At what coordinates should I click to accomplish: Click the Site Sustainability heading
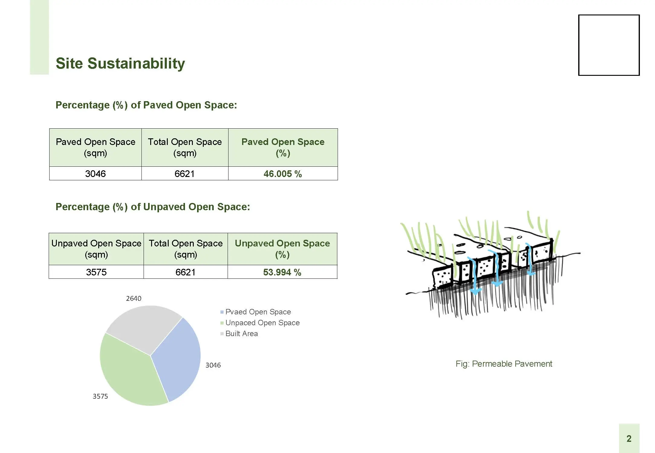120,64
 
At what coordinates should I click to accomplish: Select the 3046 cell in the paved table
96,174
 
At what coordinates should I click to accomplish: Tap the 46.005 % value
283,174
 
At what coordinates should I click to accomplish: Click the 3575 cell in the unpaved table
96,272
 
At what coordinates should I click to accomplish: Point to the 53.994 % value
282,272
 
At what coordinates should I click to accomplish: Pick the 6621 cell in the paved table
185,174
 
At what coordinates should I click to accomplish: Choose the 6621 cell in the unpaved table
186,272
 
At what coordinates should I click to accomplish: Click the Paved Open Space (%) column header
283,147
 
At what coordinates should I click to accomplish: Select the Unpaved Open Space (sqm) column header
96,249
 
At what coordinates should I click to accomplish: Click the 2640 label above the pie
134,298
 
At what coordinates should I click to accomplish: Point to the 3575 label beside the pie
100,396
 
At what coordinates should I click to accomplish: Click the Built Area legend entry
239,333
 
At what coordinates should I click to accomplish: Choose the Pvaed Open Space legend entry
256,312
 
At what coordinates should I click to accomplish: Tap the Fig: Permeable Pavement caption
504,364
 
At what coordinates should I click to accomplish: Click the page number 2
629,439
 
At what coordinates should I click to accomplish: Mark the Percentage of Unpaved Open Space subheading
153,207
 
